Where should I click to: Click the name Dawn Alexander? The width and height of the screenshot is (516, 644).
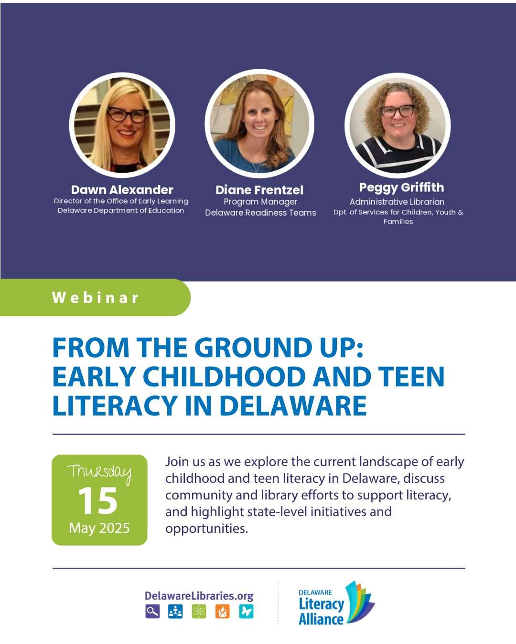122,190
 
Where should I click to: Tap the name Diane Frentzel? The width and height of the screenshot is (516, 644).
259,190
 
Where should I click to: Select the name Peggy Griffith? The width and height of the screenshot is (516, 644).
401,188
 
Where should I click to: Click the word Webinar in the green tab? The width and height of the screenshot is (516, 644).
95,298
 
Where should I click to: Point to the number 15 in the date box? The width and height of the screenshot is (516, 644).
98,501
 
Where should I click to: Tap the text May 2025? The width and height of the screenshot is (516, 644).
99,528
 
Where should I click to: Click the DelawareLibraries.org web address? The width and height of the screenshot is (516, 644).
199,596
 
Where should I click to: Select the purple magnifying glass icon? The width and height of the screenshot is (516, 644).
152,611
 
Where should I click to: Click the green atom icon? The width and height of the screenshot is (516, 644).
199,611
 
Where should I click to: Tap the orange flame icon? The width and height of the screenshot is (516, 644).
223,611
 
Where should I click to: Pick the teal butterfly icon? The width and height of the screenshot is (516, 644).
246,611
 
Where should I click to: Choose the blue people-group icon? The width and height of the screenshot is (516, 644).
175,611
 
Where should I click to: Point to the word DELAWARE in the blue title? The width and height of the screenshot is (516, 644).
293,406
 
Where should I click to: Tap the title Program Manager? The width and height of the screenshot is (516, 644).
260,202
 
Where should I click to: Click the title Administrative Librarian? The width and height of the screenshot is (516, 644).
397,202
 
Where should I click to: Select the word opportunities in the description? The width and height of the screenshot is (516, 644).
206,529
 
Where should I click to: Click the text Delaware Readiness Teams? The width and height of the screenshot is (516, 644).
260,213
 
